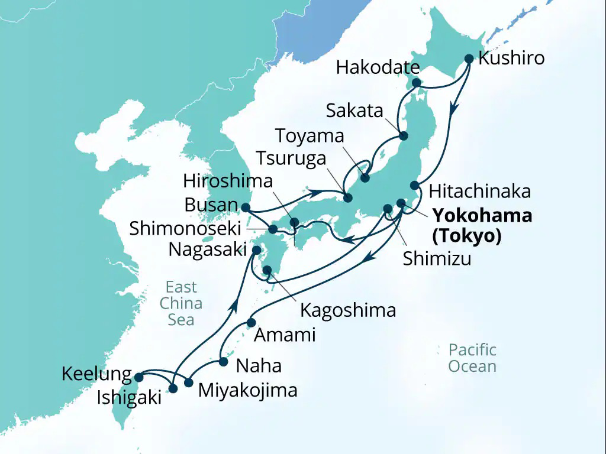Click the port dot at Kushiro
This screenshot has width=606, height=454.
tap(469, 59)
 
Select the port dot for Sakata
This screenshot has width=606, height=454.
tap(404, 136)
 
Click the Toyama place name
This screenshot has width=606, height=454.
tap(310, 136)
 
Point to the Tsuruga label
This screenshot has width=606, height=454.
tap(291, 158)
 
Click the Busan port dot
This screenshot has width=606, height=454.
tap(245, 207)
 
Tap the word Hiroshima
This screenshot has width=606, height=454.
tap(228, 181)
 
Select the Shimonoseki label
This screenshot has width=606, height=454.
tap(185, 229)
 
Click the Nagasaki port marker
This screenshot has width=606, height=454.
tap(257, 250)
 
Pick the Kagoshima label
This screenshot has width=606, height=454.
tap(348, 310)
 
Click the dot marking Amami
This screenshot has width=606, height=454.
tap(251, 323)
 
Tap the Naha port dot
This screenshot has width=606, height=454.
tap(223, 361)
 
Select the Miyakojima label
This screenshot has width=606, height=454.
tap(247, 390)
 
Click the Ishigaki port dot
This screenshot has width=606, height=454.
tap(173, 388)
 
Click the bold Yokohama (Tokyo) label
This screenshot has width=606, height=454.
tap(481, 225)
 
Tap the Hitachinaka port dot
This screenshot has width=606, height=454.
tap(415, 184)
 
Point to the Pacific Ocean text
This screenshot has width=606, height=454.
tap(472, 358)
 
